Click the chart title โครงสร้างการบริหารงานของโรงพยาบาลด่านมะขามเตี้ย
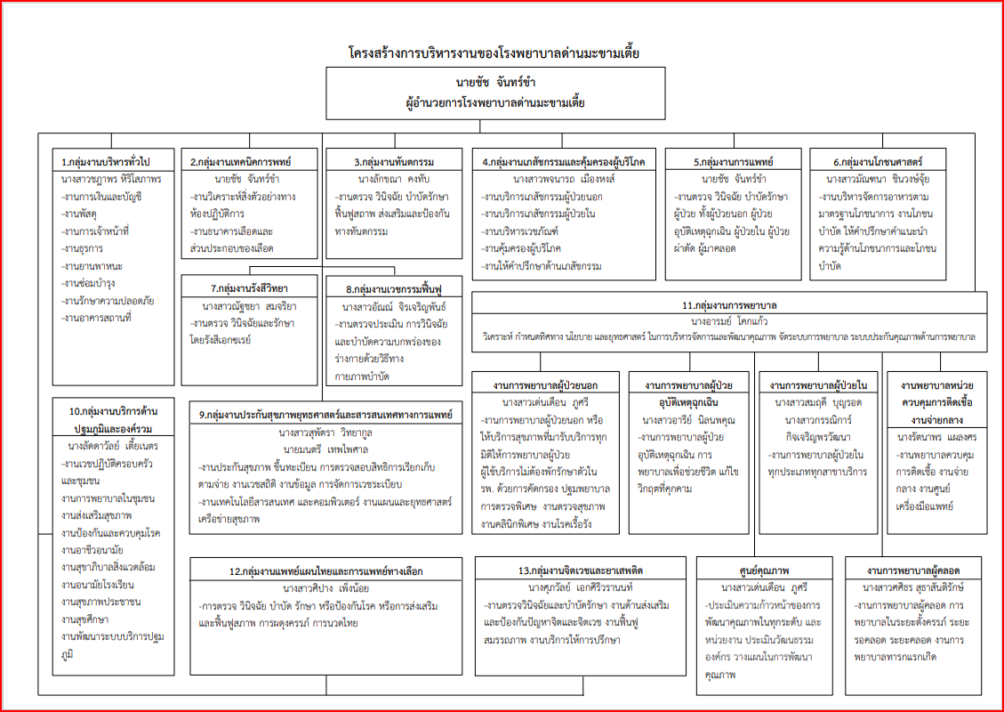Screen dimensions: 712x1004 pyautogui.click(x=494, y=53)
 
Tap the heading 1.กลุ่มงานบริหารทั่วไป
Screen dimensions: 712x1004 pyautogui.click(x=106, y=162)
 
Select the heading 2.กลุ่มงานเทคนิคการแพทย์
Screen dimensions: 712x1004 pyautogui.click(x=241, y=162)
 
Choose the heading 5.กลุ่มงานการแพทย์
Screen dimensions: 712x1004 pyautogui.click(x=734, y=162)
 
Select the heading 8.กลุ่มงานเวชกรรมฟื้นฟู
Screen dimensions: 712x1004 pyautogui.click(x=393, y=289)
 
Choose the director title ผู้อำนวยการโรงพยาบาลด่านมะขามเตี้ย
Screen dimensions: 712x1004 pyautogui.click(x=494, y=103)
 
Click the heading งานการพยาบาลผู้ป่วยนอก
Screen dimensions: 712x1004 pyautogui.click(x=546, y=384)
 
